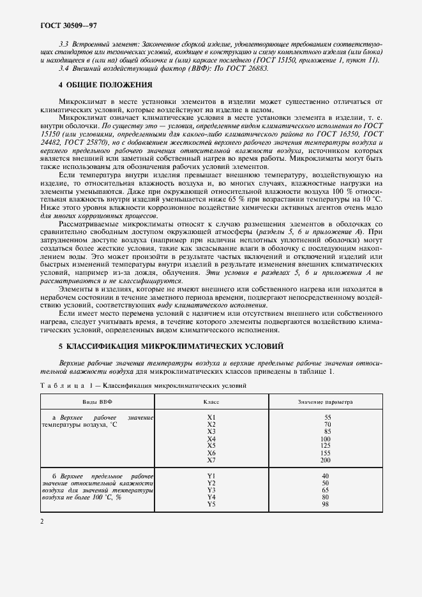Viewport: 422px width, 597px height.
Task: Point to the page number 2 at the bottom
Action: pyautogui.click(x=41, y=522)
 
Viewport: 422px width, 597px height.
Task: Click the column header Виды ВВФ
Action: pyautogui.click(x=97, y=402)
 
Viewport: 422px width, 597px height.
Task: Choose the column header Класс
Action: pyautogui.click(x=211, y=402)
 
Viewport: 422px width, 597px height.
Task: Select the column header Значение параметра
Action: pyautogui.click(x=326, y=402)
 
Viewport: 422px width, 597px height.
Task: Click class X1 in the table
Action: pyautogui.click(x=211, y=417)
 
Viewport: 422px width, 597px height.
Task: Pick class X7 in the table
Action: pyautogui.click(x=211, y=460)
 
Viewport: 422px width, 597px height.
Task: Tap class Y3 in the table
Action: pyautogui.click(x=211, y=490)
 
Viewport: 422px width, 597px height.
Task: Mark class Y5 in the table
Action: pyautogui.click(x=211, y=504)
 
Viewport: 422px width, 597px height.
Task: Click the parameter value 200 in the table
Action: pyautogui.click(x=326, y=460)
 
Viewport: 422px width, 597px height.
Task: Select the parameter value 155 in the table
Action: pyautogui.click(x=326, y=453)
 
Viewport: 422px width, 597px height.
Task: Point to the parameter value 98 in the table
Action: pyautogui.click(x=326, y=504)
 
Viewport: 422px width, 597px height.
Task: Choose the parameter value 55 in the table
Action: pyautogui.click(x=326, y=417)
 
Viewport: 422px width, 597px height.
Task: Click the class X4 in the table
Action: pyautogui.click(x=211, y=439)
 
